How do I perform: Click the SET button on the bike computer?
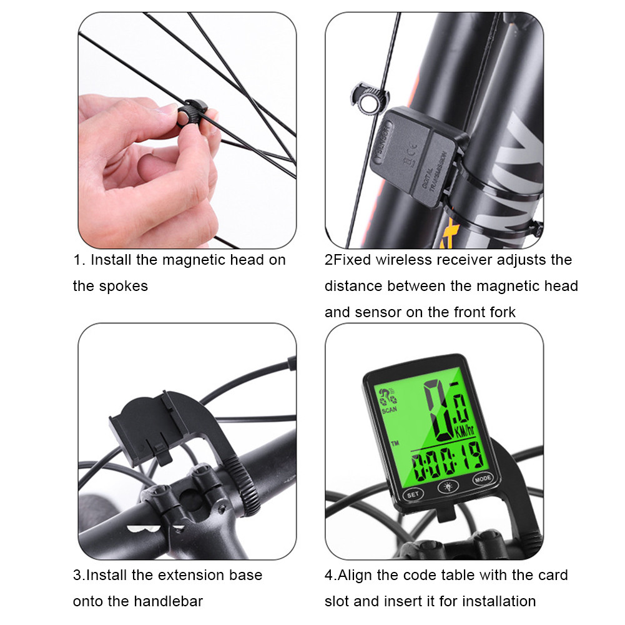[412, 493]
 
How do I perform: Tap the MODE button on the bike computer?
[482, 480]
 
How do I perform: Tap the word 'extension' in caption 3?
[189, 574]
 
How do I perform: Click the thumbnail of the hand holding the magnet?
[187, 130]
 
